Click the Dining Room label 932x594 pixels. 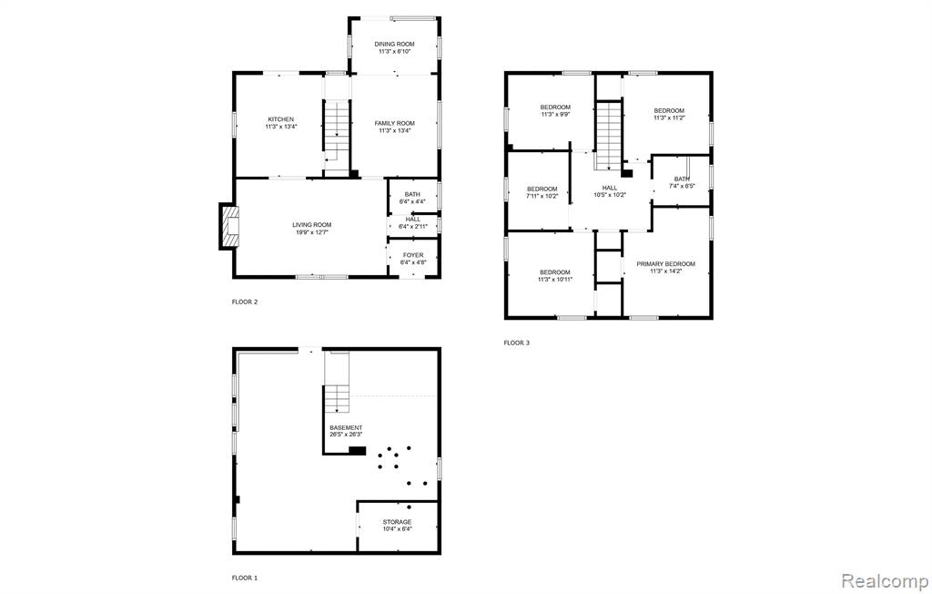click(394, 44)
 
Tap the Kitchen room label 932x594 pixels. click(280, 119)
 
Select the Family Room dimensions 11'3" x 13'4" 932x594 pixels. click(395, 131)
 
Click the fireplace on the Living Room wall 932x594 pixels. click(228, 227)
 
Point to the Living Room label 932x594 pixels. click(312, 225)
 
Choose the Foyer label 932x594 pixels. click(413, 255)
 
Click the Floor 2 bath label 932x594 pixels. click(412, 195)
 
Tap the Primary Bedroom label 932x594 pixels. click(665, 264)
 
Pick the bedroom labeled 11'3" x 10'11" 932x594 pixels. click(555, 275)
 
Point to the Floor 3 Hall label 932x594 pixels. click(610, 188)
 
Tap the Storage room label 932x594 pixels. click(397, 522)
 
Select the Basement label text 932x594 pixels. click(346, 428)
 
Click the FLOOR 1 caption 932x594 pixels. click(245, 578)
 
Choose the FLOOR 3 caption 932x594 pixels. click(517, 343)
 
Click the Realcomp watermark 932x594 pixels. click(885, 579)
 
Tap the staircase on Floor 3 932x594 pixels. click(609, 135)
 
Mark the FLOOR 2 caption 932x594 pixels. click(245, 302)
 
